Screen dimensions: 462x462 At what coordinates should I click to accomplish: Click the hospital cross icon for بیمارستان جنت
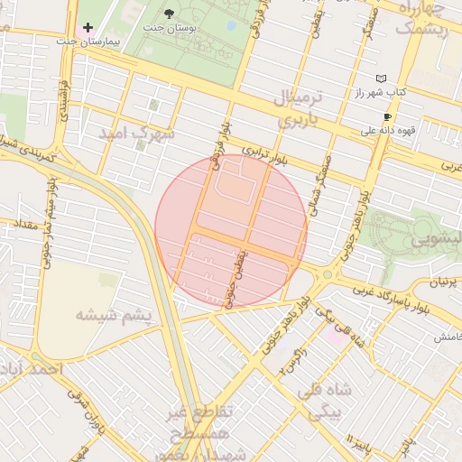pos(88,27)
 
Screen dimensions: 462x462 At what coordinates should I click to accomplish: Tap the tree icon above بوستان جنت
pos(170,13)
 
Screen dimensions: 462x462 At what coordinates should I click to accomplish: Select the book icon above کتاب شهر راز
pos(381,79)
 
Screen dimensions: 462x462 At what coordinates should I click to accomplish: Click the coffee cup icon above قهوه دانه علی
pos(387,117)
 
